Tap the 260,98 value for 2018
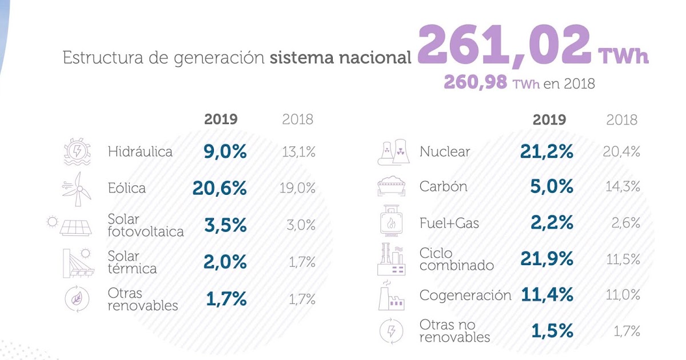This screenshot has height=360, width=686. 475,83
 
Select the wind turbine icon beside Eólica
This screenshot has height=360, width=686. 77,189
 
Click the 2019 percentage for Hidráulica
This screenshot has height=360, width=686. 225,151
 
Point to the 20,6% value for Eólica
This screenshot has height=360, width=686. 220,188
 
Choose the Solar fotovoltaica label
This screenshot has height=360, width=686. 146,225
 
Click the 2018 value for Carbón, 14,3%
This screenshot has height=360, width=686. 623,187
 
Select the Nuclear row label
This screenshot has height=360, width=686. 444,151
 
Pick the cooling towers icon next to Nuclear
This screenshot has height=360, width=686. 393,153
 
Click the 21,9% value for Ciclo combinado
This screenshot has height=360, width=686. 547,259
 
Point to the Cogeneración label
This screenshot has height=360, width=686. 465,295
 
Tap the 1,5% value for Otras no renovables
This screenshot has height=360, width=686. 552,331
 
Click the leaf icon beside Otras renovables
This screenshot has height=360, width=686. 76,299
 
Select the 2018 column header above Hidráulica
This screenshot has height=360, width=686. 298,119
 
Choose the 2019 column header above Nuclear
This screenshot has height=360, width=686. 549,119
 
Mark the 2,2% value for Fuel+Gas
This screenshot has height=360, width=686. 552,223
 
